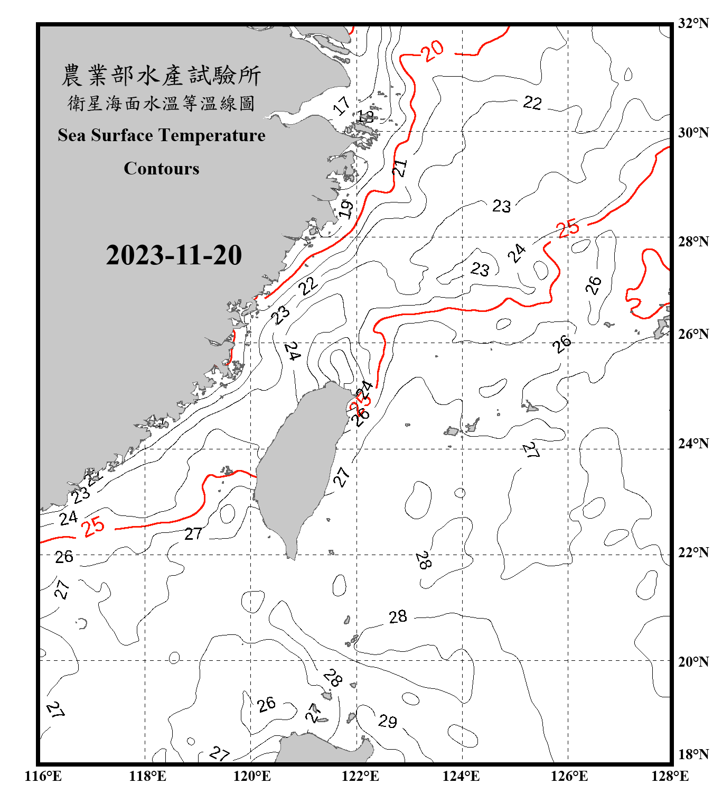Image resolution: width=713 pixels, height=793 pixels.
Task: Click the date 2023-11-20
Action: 174,255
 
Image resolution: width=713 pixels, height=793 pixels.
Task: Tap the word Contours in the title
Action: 162,168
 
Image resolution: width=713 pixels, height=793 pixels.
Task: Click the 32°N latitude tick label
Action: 693,23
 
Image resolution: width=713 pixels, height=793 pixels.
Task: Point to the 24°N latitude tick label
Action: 693,444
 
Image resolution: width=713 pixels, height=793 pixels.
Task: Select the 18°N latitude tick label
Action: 693,754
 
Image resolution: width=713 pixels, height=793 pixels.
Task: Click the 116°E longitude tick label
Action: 43,776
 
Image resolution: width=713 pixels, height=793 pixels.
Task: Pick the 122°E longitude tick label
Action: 360,776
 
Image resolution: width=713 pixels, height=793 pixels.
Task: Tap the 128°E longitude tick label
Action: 670,776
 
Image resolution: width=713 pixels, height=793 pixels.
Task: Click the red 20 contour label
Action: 433,51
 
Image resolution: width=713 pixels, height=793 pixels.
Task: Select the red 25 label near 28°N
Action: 568,228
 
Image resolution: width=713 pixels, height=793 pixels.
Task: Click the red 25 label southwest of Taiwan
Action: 93,527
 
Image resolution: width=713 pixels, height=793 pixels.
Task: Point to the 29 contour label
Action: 388,721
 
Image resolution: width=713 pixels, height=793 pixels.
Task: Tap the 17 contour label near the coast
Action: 342,105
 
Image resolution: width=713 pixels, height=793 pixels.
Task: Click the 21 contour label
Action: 400,168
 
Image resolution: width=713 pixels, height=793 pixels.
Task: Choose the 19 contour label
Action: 345,209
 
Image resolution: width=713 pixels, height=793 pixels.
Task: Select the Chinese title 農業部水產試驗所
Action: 161,76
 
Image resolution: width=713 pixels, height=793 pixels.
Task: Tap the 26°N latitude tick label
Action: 693,334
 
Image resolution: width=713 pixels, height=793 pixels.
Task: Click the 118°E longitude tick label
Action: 147,776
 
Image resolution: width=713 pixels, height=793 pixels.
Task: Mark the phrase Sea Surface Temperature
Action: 162,135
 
